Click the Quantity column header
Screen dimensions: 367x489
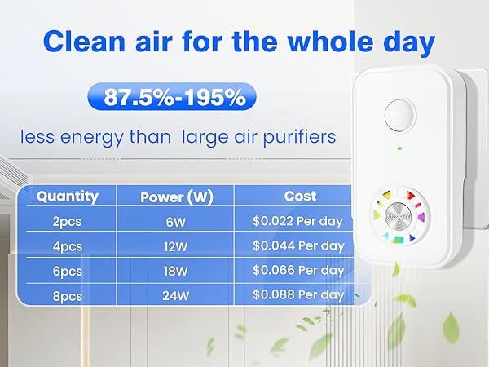pos(68,196)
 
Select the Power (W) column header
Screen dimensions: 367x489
pos(176,197)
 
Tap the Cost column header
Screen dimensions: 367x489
pos(299,196)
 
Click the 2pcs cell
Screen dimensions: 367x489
pos(68,220)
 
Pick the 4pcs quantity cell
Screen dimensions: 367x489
pos(68,245)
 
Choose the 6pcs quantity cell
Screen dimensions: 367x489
pos(68,269)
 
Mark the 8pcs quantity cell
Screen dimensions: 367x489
pos(68,294)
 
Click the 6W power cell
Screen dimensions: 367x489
pos(176,220)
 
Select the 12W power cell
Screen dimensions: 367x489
pos(176,245)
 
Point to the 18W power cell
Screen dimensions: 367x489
pos(176,269)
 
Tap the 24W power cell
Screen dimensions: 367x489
pos(176,294)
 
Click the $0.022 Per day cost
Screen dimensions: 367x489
pos(299,220)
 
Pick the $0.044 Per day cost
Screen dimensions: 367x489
pos(299,245)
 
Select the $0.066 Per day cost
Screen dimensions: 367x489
pos(299,269)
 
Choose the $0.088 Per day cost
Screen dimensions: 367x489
pos(299,294)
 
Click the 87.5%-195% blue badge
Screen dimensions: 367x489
pos(174,98)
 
